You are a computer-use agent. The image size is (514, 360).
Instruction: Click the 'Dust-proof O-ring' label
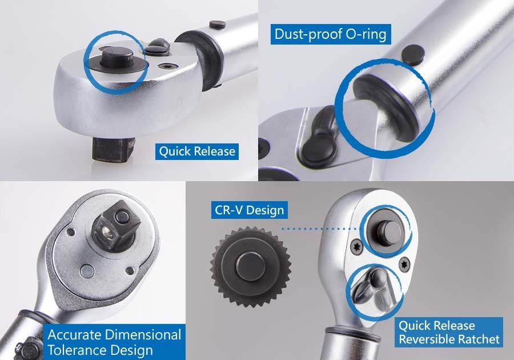click(331, 34)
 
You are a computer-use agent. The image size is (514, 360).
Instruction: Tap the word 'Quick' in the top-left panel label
click(174, 151)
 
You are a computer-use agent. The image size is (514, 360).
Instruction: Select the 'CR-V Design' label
click(249, 210)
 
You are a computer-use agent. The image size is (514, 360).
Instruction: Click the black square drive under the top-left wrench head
click(113, 149)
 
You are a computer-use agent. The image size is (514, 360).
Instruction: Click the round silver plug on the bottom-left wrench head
click(87, 270)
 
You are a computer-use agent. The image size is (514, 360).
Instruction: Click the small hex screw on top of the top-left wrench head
click(166, 66)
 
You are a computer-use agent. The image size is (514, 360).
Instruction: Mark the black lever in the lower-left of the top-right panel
click(320, 136)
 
